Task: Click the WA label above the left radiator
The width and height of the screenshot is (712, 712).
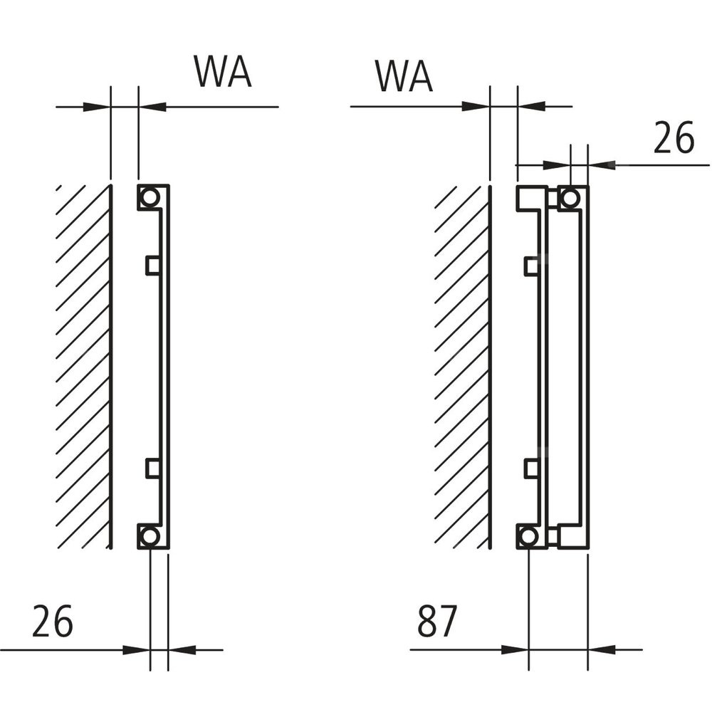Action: pyautogui.click(x=223, y=72)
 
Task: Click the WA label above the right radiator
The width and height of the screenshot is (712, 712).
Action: pyautogui.click(x=404, y=76)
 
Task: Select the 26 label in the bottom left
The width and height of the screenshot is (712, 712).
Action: pyautogui.click(x=52, y=623)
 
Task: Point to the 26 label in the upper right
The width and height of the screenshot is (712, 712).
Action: pyautogui.click(x=673, y=138)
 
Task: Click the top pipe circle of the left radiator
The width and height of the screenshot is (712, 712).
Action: pyautogui.click(x=150, y=197)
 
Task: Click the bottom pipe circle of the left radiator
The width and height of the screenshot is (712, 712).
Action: pyautogui.click(x=150, y=535)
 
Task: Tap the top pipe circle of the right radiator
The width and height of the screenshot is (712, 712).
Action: pyautogui.click(x=570, y=198)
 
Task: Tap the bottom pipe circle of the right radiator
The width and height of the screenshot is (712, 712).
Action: pyautogui.click(x=528, y=535)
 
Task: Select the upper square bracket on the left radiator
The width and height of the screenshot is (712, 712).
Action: pyautogui.click(x=152, y=265)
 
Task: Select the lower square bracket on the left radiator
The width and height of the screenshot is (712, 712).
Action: pyautogui.click(x=152, y=467)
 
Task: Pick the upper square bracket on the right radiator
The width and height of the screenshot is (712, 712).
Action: pyautogui.click(x=531, y=266)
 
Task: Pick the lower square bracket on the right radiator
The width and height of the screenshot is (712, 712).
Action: pyautogui.click(x=531, y=468)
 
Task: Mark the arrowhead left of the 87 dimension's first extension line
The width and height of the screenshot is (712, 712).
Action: pyautogui.click(x=515, y=649)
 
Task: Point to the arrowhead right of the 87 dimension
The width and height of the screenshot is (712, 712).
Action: pyautogui.click(x=602, y=649)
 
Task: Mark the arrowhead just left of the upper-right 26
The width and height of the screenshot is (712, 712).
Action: pyautogui.click(x=602, y=165)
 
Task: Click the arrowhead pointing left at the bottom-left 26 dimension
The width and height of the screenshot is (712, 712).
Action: pyautogui.click(x=182, y=649)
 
